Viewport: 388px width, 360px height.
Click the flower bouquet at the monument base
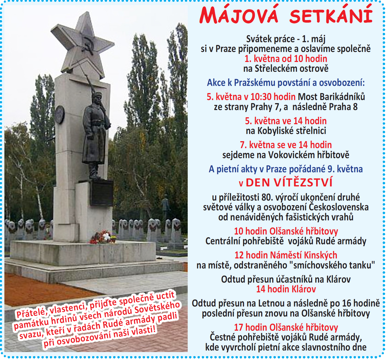point(103,237)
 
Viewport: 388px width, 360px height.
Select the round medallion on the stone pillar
point(60,114)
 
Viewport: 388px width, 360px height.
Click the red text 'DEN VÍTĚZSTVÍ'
point(289,182)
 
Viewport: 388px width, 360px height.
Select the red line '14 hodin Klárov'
point(286,289)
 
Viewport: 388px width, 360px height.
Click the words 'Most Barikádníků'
point(331,97)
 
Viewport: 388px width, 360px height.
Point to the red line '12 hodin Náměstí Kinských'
point(286,255)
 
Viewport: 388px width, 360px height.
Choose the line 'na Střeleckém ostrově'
point(286,69)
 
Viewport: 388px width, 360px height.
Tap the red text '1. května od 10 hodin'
point(286,59)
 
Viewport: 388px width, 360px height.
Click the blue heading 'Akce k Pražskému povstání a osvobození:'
point(286,83)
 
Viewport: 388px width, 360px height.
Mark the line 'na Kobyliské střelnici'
point(286,131)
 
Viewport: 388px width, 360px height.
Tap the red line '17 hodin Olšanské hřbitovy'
point(286,327)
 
